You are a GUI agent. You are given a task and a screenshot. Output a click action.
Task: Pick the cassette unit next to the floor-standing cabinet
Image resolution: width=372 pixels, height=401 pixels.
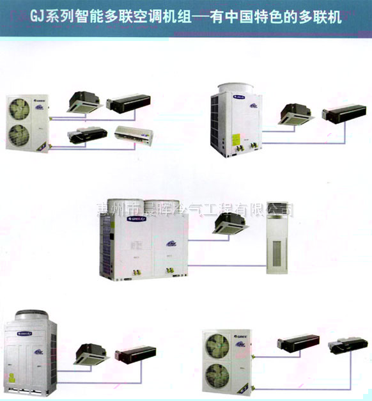[x=231, y=223]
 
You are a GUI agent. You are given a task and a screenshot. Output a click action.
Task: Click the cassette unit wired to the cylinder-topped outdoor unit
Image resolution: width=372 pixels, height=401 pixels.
[x=295, y=113]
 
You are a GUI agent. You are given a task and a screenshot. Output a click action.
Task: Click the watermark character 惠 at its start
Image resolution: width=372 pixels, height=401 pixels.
[x=101, y=209]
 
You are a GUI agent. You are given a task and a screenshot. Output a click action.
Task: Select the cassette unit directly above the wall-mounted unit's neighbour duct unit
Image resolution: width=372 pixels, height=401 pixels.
[x=85, y=101]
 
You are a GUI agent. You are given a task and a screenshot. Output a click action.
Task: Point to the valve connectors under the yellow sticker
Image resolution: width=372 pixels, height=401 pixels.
[x=242, y=152]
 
